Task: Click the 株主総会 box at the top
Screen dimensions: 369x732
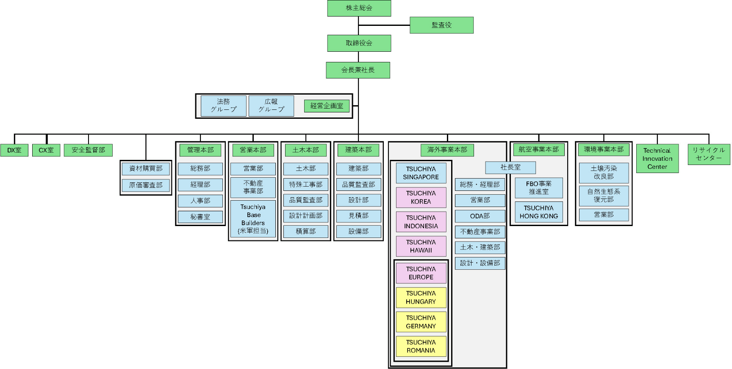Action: point(359,8)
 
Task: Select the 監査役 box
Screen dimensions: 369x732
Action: point(441,25)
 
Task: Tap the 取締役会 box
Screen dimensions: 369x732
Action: point(359,43)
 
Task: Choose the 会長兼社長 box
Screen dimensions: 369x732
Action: point(358,70)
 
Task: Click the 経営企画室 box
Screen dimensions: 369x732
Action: point(327,106)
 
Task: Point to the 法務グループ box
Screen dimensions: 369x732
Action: point(223,106)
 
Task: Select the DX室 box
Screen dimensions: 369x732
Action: point(14,150)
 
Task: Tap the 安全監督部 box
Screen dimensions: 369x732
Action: point(88,150)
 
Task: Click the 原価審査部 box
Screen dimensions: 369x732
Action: point(146,185)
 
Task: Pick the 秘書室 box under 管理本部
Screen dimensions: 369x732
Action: point(200,217)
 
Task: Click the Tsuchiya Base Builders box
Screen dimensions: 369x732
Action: point(253,219)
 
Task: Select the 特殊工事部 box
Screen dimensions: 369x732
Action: point(305,184)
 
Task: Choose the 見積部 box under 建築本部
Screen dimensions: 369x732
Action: point(358,216)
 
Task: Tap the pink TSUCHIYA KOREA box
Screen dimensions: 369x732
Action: point(421,197)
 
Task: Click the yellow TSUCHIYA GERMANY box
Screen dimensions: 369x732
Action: point(421,322)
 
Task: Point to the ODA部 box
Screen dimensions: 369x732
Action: point(480,216)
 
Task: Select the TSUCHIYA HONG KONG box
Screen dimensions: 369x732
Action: point(538,212)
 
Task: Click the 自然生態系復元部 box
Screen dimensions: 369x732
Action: point(604,196)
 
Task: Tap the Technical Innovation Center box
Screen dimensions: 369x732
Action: point(657,159)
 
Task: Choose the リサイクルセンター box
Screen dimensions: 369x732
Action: point(709,154)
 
